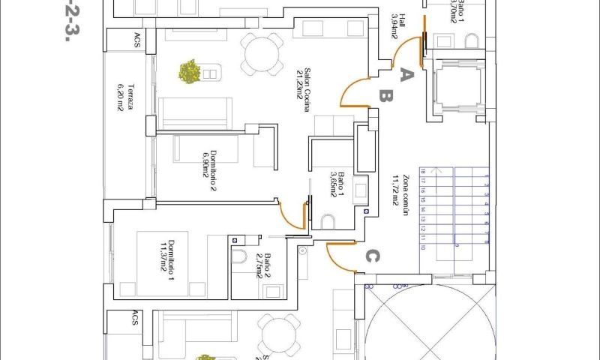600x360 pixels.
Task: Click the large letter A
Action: (406, 75)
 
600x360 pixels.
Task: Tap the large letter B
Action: (386, 97)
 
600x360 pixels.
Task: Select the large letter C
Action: (371, 256)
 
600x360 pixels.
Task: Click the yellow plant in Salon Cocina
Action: (189, 72)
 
